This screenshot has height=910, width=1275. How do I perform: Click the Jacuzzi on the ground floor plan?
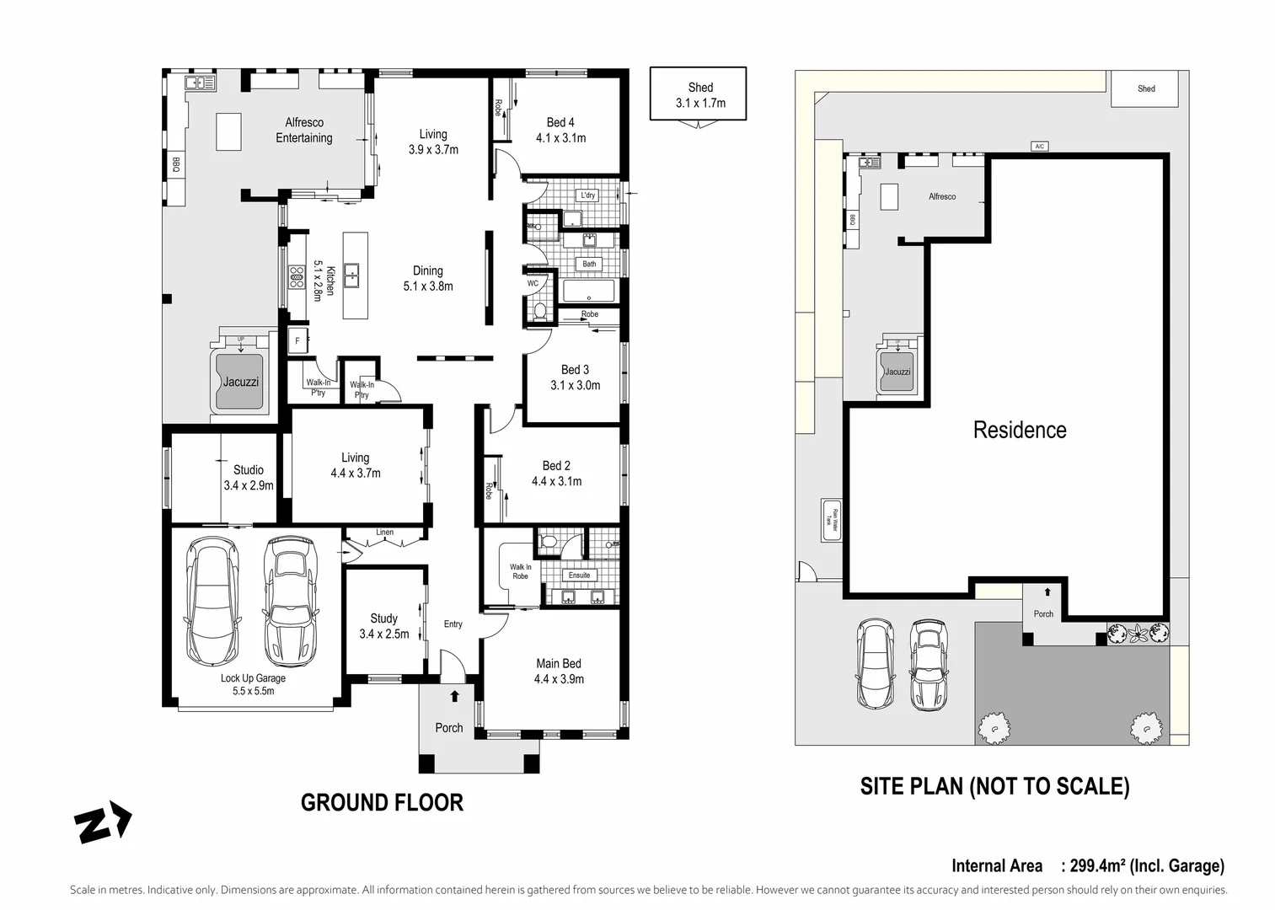click(x=240, y=382)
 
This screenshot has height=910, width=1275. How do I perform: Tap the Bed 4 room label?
click(x=560, y=123)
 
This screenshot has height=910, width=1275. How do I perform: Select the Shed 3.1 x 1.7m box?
click(x=699, y=94)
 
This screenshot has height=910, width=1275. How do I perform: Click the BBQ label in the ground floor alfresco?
click(x=176, y=165)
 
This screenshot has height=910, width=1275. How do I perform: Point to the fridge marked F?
click(x=297, y=341)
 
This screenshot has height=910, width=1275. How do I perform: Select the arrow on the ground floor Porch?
click(x=454, y=696)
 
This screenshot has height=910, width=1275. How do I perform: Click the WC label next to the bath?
click(x=533, y=284)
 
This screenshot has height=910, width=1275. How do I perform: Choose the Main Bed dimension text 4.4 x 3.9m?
click(x=559, y=679)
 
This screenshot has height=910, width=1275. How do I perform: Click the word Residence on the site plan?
click(x=1019, y=431)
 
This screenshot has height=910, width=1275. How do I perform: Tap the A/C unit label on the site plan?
click(x=1039, y=147)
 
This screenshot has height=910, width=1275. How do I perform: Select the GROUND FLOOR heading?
click(x=382, y=803)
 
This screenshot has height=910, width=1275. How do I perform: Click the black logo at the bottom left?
click(x=103, y=823)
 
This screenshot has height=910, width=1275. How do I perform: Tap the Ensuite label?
click(x=579, y=575)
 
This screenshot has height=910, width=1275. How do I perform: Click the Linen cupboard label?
click(x=384, y=533)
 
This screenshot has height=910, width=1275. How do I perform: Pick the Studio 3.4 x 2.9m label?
click(x=249, y=478)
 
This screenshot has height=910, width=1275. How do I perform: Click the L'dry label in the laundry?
click(x=587, y=195)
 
